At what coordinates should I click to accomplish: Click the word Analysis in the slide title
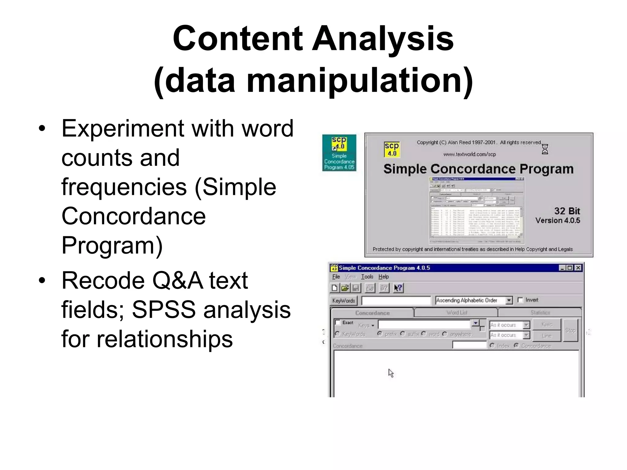[x=382, y=39]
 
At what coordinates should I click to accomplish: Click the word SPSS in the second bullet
[x=163, y=310]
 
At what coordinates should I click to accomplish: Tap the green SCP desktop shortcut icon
[x=339, y=153]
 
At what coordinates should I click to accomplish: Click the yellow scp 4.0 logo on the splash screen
[x=392, y=149]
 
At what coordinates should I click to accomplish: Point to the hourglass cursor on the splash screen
[x=545, y=149]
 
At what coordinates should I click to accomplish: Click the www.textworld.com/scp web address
[x=469, y=154]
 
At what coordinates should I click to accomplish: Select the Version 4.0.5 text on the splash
[x=558, y=220]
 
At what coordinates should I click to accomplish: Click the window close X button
[x=578, y=268]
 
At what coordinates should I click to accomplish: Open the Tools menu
[x=367, y=277]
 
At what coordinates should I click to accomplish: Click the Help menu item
[x=384, y=277]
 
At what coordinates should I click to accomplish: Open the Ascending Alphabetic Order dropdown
[x=509, y=300]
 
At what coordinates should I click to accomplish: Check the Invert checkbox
[x=520, y=300]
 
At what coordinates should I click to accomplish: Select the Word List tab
[x=457, y=312]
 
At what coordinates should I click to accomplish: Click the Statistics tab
[x=540, y=312]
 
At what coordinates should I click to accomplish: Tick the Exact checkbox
[x=338, y=323]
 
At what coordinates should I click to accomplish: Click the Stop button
[x=570, y=330]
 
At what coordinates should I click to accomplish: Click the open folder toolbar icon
[x=345, y=288]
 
